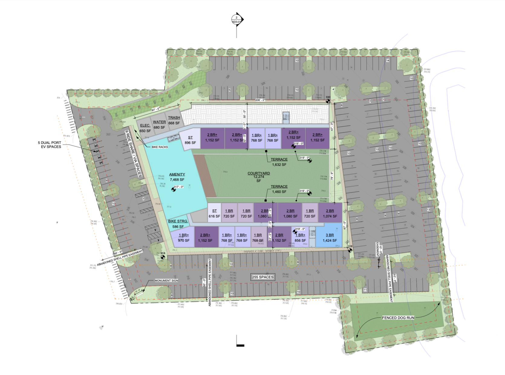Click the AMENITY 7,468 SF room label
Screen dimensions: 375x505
click(x=177, y=177)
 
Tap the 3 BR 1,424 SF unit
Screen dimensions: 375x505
click(x=330, y=238)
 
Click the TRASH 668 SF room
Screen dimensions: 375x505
click(x=174, y=120)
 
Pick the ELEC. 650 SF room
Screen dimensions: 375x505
click(x=145, y=128)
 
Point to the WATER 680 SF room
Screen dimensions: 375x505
click(x=159, y=124)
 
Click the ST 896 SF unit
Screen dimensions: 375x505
click(x=190, y=140)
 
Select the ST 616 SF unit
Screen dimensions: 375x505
click(x=214, y=214)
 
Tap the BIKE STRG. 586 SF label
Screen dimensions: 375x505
click(x=178, y=224)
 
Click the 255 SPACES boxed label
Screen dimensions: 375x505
click(x=263, y=277)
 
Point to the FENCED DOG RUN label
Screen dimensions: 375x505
click(x=398, y=318)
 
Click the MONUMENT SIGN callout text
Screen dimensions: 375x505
click(x=166, y=281)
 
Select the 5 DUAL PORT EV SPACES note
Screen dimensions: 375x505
click(x=50, y=145)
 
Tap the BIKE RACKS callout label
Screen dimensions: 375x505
click(x=160, y=147)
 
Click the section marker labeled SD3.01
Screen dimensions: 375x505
click(x=237, y=20)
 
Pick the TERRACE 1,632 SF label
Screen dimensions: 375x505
click(x=279, y=162)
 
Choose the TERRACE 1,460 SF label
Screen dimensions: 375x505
click(x=279, y=189)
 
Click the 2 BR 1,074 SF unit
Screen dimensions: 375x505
click(x=330, y=213)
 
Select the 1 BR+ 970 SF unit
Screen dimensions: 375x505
click(x=184, y=238)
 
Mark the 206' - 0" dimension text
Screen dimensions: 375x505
click(x=260, y=100)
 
